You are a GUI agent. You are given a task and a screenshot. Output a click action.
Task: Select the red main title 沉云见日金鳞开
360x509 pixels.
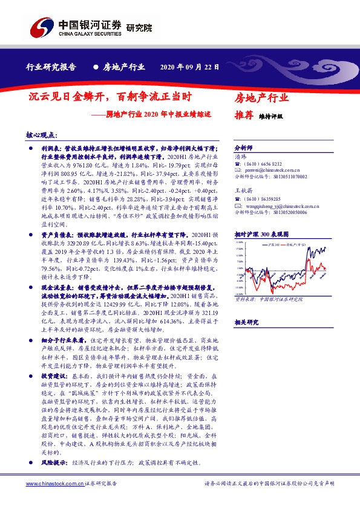click(x=67, y=97)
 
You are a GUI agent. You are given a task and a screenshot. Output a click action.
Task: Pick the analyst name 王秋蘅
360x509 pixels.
click(x=243, y=190)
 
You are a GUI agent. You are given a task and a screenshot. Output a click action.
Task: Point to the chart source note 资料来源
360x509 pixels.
click(x=244, y=297)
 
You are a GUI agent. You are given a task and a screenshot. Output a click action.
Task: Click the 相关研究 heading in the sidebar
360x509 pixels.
click(x=245, y=323)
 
